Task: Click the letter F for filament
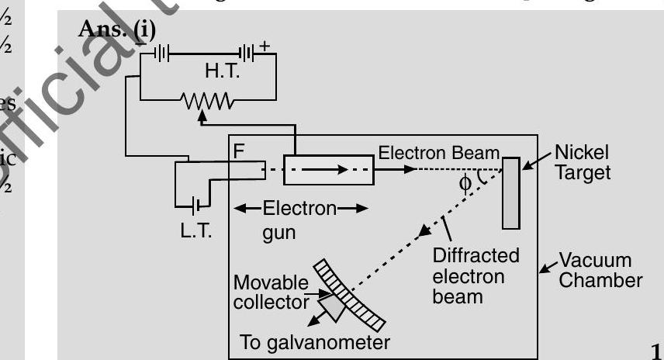point(239,150)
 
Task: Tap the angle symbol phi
point(465,182)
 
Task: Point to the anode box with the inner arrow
point(329,168)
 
